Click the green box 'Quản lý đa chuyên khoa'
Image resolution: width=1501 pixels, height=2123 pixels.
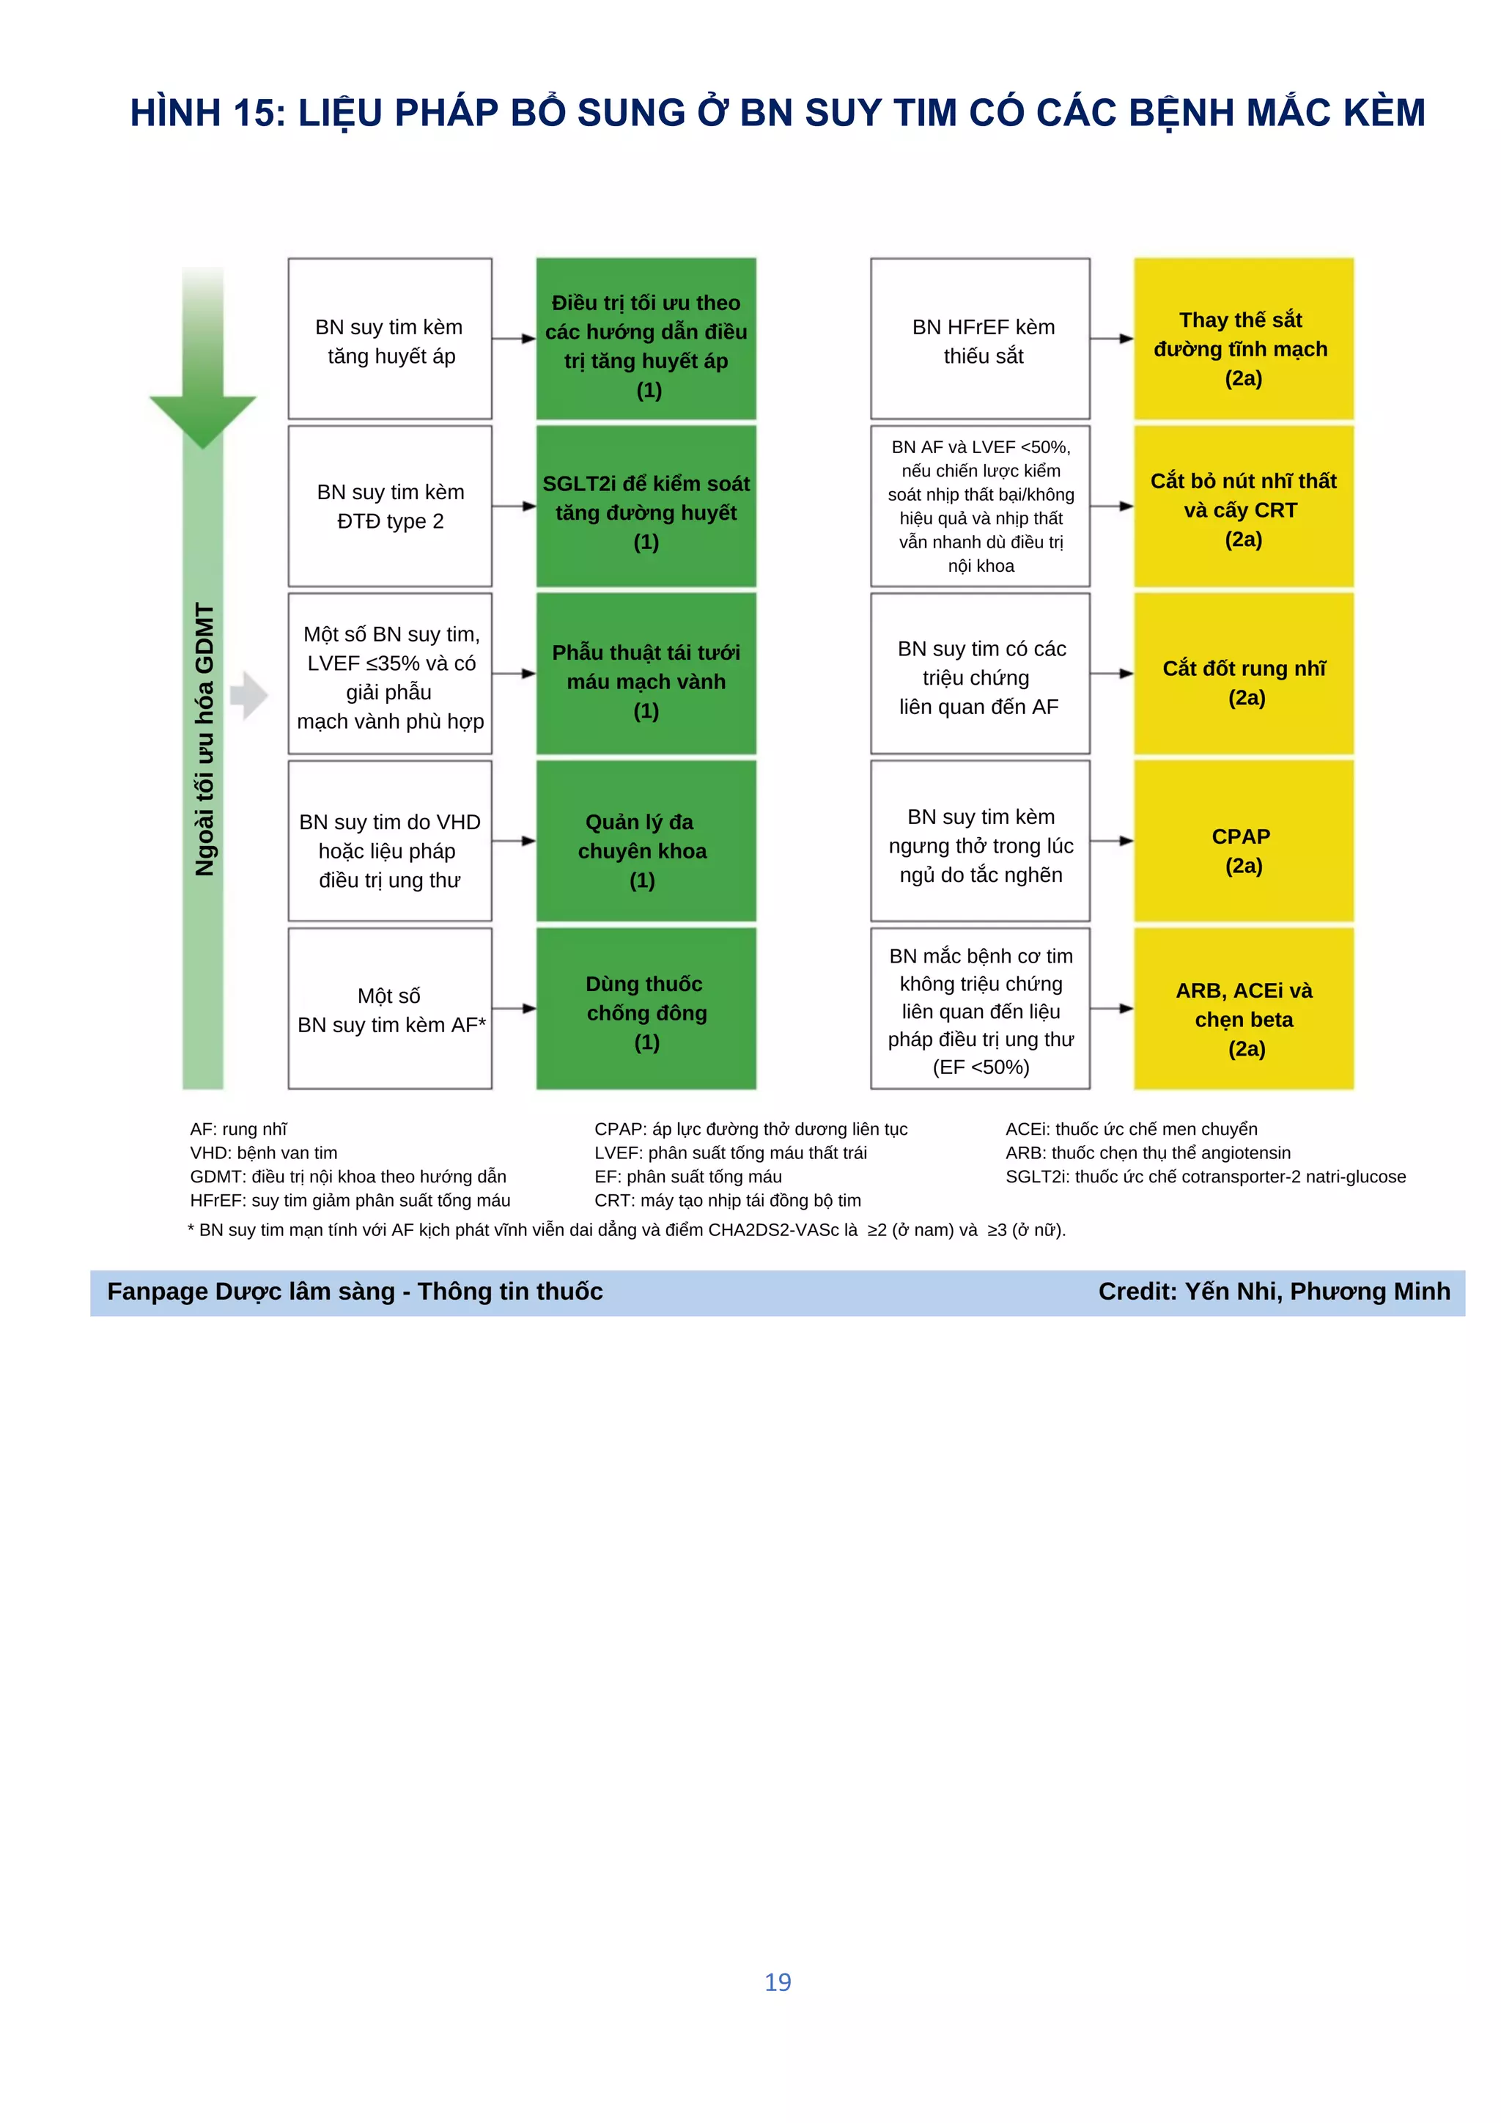pyautogui.click(x=645, y=841)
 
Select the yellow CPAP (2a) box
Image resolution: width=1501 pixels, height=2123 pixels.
pyautogui.click(x=1243, y=841)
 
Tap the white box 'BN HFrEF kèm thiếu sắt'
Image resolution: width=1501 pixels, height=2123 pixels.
pyautogui.click(x=980, y=339)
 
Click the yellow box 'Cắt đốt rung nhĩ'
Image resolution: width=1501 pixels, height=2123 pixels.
pyautogui.click(x=1243, y=673)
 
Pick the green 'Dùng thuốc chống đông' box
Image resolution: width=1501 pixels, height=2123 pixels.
pyautogui.click(x=645, y=1008)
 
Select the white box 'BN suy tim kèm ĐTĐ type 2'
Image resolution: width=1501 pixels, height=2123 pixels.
pyautogui.click(x=389, y=506)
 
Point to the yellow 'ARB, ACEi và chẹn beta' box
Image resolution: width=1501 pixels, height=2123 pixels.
pyautogui.click(x=1243, y=1008)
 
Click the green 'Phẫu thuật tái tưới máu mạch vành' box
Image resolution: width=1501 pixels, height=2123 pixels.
pyautogui.click(x=645, y=673)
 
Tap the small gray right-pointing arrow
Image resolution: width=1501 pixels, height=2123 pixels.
pyautogui.click(x=248, y=696)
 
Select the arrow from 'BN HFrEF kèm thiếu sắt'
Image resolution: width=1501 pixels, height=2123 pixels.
pyautogui.click(x=1111, y=339)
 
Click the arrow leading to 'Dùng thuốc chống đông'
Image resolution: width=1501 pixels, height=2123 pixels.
pyautogui.click(x=514, y=1008)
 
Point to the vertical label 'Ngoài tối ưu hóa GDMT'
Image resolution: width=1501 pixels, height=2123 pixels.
pyautogui.click(x=204, y=740)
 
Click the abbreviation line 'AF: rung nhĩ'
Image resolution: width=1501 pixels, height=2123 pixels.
pyautogui.click(x=238, y=1129)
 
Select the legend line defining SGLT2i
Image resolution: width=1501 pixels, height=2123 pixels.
pyautogui.click(x=1205, y=1177)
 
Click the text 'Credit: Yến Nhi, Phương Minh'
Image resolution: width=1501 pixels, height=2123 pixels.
pyautogui.click(x=1274, y=1292)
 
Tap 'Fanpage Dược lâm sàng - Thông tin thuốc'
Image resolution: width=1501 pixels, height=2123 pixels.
pyautogui.click(x=355, y=1292)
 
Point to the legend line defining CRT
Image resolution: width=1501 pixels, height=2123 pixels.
pyautogui.click(x=727, y=1201)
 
